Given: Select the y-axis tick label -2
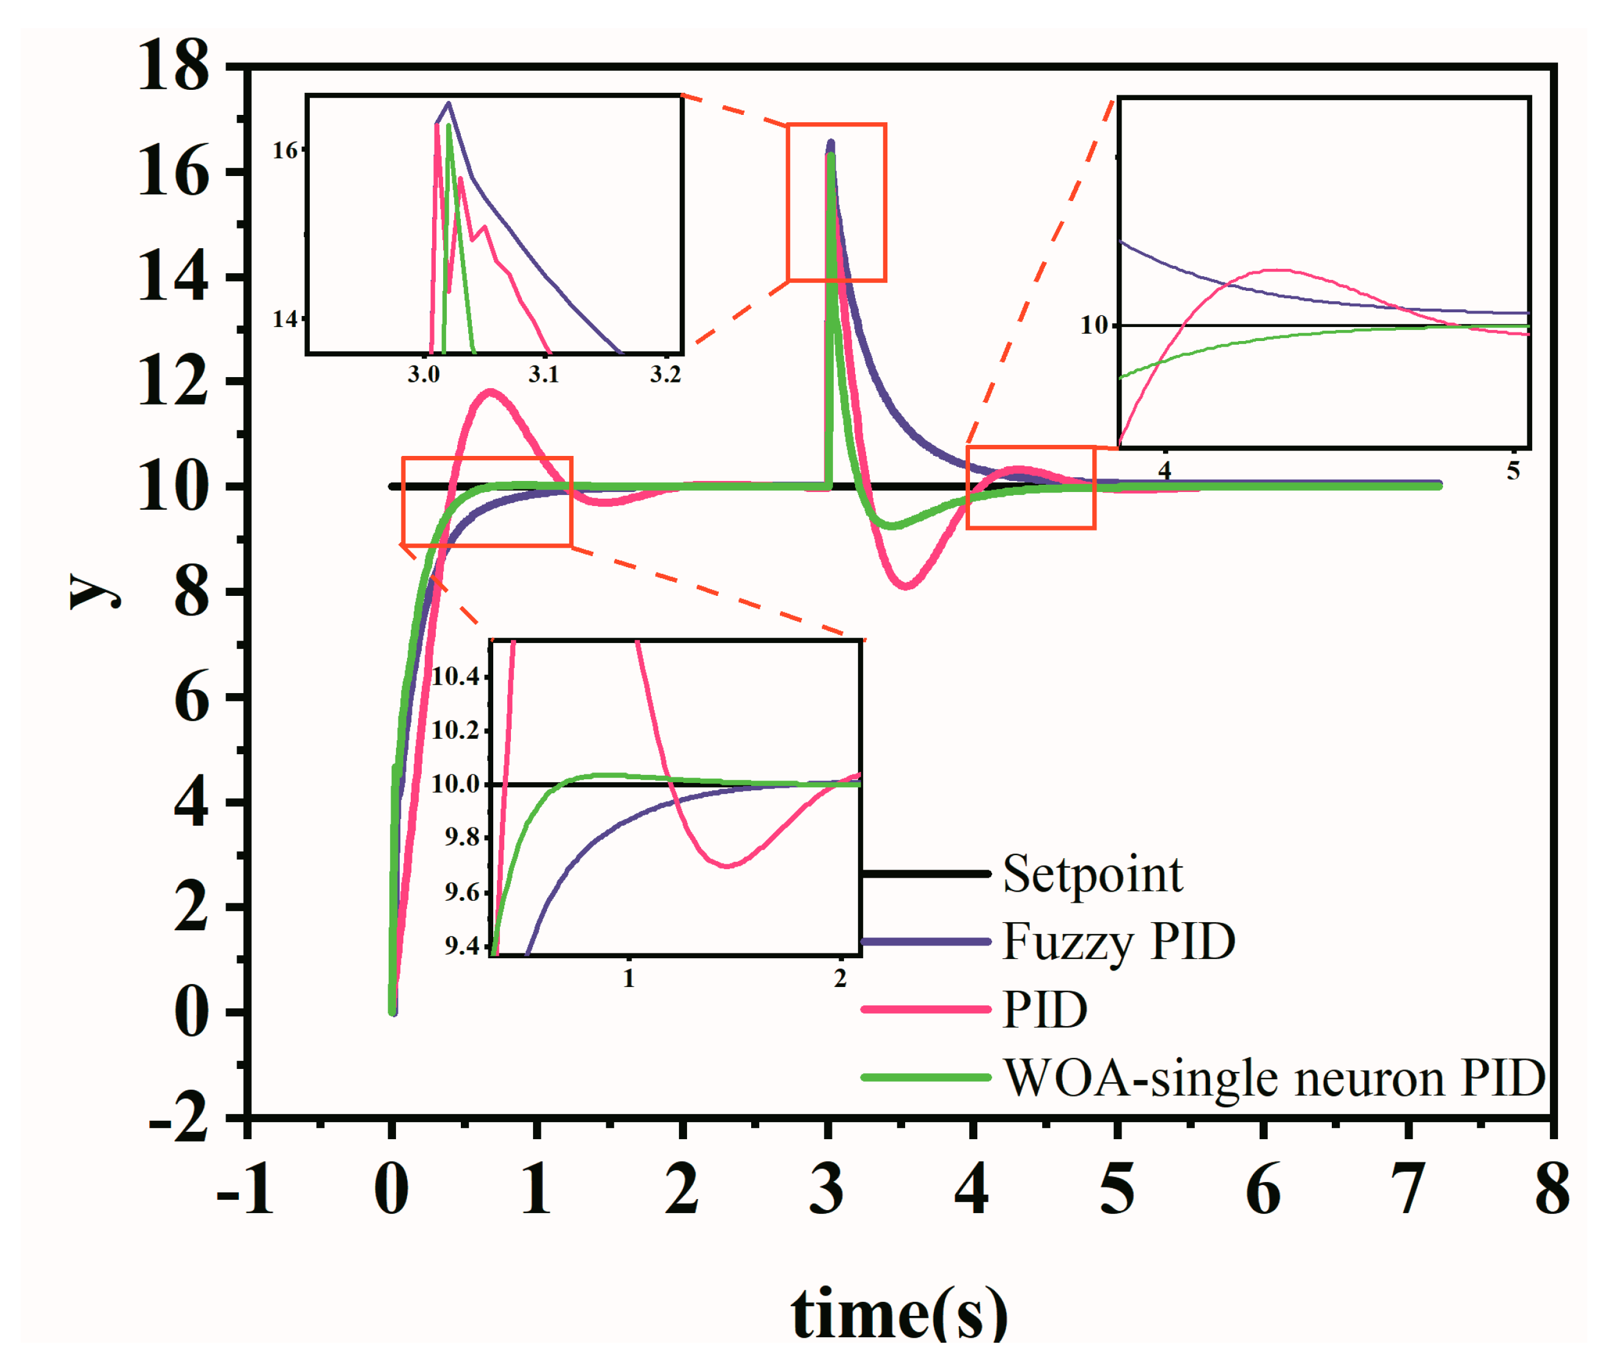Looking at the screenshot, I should (178, 1118).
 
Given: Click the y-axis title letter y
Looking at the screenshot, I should (94, 591).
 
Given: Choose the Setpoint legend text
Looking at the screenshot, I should (1092, 875).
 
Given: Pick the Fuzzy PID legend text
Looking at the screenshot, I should (1118, 942).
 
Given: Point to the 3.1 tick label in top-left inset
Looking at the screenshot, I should (543, 375).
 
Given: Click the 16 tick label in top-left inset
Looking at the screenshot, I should (285, 151).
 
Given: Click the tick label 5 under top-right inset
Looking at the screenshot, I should (1513, 471).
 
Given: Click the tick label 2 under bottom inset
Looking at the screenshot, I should (840, 978).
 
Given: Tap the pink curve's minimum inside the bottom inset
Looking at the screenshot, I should (727, 866).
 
